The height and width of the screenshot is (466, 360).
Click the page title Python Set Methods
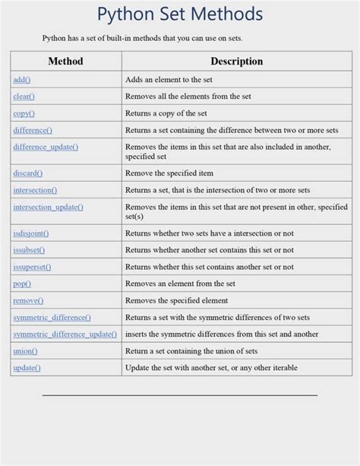[x=180, y=14]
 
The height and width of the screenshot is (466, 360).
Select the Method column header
[x=65, y=61]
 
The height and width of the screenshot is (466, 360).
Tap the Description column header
[x=236, y=61]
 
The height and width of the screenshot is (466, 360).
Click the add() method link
[x=21, y=80]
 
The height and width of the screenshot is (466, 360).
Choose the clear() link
[x=24, y=97]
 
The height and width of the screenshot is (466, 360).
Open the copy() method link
[x=24, y=113]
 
